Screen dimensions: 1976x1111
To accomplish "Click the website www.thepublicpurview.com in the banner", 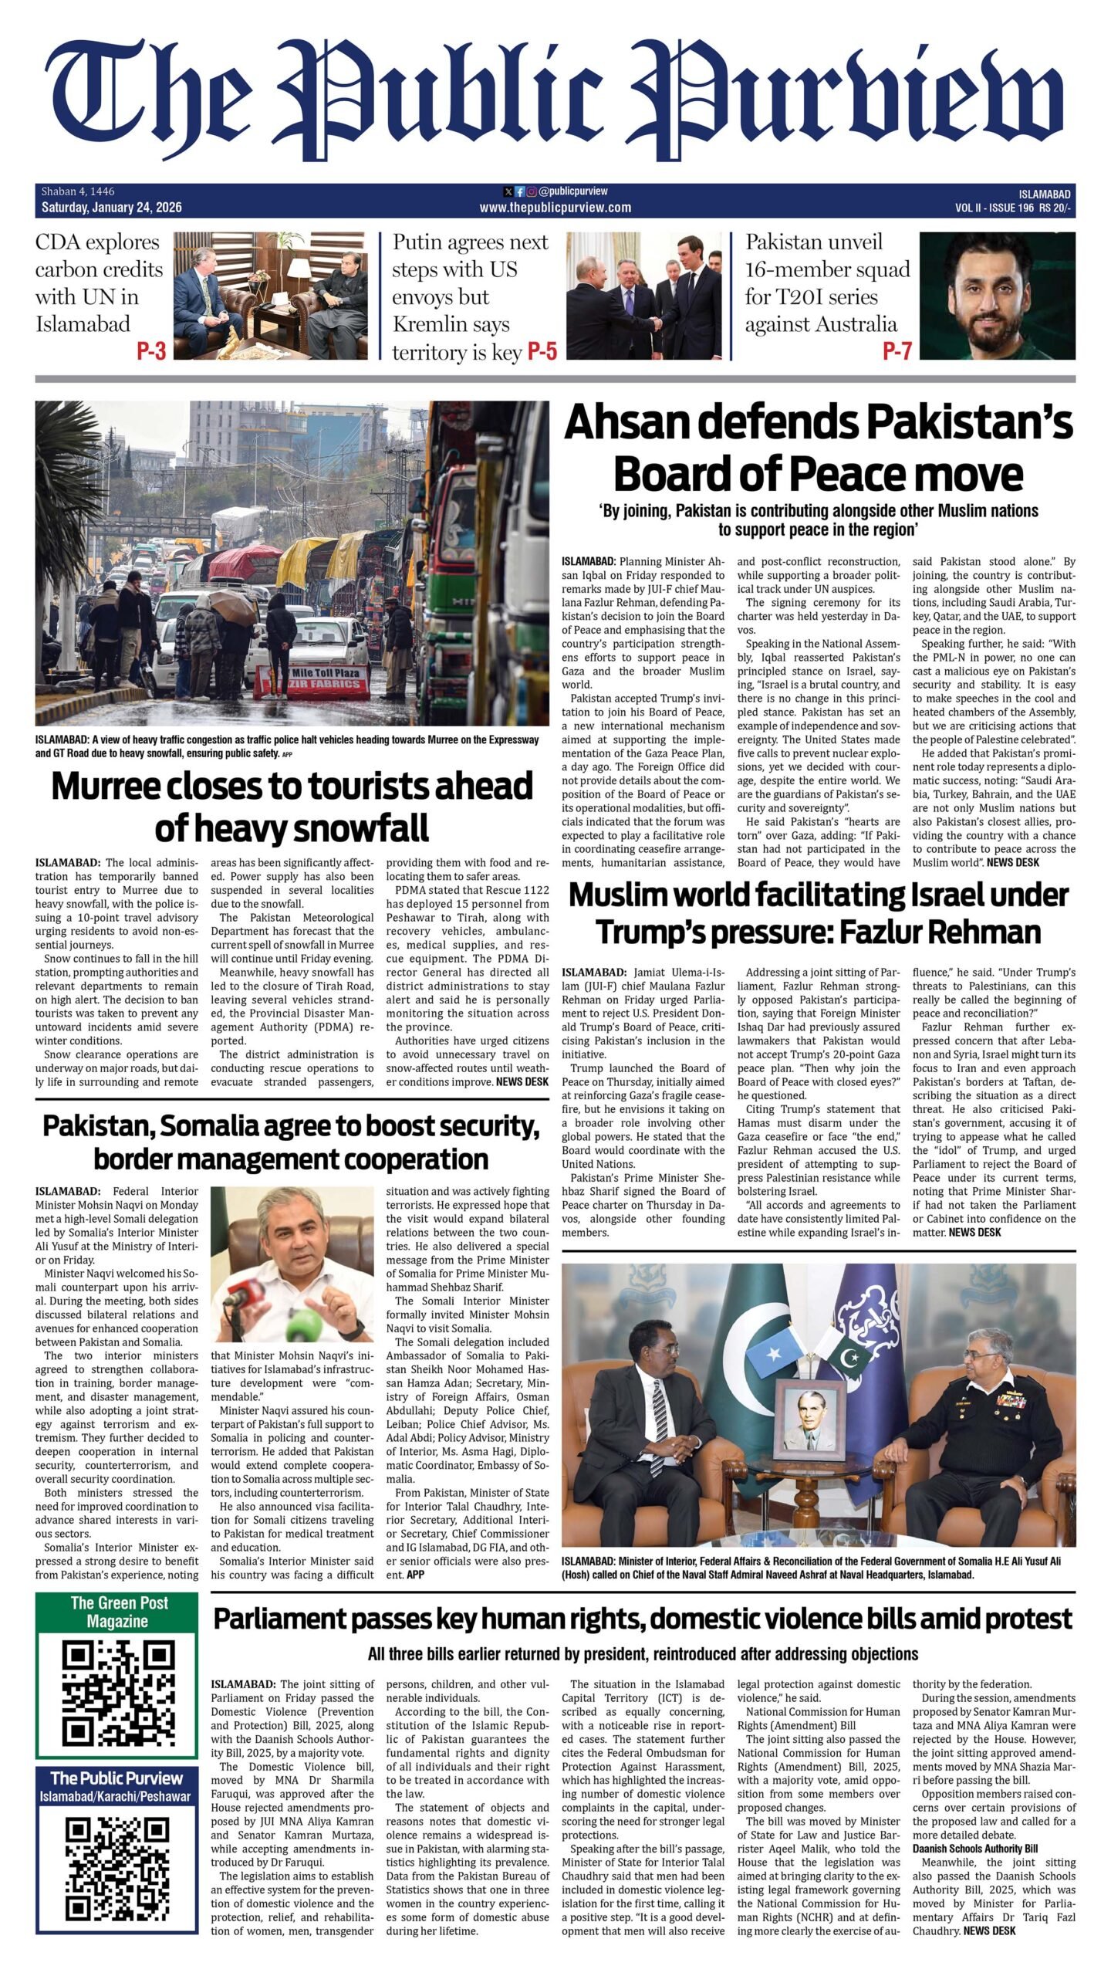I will pyautogui.click(x=555, y=207).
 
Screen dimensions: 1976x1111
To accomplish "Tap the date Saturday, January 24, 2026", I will pyautogui.click(x=112, y=207).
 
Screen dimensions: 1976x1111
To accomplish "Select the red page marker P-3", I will pyautogui.click(x=151, y=351).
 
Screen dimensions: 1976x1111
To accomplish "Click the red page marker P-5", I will pyautogui.click(x=542, y=352).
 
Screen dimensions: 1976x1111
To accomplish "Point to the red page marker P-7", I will pyautogui.click(x=897, y=351).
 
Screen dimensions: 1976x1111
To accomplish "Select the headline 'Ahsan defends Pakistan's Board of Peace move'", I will pyautogui.click(x=818, y=448).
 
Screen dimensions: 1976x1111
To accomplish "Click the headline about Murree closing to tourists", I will pyautogui.click(x=292, y=807).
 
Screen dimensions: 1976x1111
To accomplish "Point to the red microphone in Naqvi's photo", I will pyautogui.click(x=248, y=1296).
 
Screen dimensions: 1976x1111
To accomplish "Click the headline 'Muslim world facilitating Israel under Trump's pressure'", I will pyautogui.click(x=818, y=913).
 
